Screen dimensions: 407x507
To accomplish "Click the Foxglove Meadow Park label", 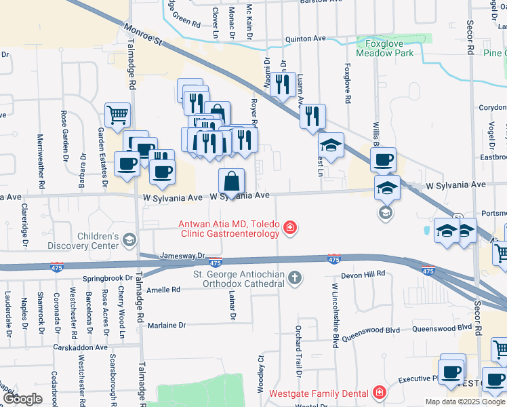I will tap(384, 47).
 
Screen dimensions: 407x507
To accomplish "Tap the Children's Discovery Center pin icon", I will tap(129, 239).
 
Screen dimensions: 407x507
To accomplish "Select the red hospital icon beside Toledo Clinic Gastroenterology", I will tap(289, 228).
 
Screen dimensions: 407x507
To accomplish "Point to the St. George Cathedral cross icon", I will tap(293, 277).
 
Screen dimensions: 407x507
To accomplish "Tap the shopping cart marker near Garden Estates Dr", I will tap(118, 114).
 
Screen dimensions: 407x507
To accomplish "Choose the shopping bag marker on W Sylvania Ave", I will tap(231, 181).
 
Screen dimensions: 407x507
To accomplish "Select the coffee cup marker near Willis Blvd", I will tap(383, 159).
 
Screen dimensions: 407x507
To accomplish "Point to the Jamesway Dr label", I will tap(182, 256).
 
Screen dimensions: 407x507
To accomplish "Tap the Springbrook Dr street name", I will tap(107, 278).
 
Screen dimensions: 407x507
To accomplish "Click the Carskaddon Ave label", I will tap(81, 347).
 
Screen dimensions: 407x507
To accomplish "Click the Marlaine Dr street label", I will tap(167, 325).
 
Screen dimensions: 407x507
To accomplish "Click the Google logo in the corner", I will tap(22, 399).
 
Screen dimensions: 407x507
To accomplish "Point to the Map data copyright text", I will tap(464, 402).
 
